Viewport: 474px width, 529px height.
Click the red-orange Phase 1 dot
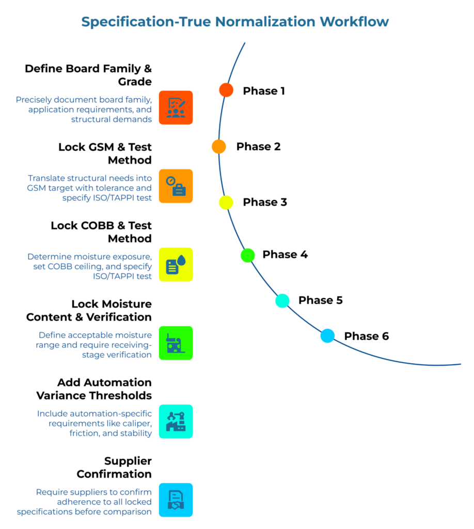(x=226, y=90)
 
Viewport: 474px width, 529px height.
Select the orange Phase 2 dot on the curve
(x=219, y=146)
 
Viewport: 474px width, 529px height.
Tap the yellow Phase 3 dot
(x=226, y=203)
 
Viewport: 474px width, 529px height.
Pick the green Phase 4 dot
(x=248, y=255)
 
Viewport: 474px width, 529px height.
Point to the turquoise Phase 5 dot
(x=282, y=300)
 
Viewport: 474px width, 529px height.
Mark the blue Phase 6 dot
(x=327, y=336)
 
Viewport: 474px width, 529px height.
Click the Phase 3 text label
(x=265, y=203)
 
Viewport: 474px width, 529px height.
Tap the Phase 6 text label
(x=367, y=336)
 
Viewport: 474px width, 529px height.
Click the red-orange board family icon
(x=176, y=107)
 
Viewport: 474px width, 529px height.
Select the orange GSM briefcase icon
(x=176, y=186)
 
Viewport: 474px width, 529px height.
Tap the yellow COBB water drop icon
(x=176, y=264)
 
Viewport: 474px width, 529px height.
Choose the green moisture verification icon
(x=176, y=343)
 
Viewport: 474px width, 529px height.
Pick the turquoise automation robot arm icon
(x=176, y=422)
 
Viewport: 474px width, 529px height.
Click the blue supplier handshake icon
(x=176, y=500)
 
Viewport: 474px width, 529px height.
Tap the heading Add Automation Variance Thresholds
(x=94, y=389)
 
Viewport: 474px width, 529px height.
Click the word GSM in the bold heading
(x=103, y=147)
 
